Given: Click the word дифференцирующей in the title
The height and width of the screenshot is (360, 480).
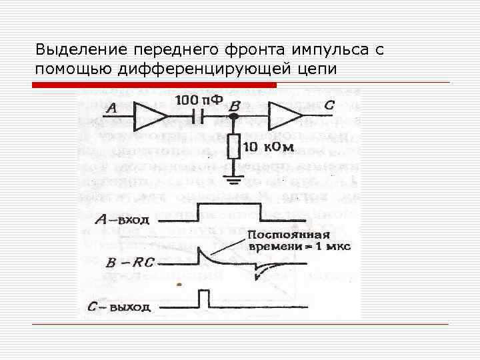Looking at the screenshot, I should tap(206, 69).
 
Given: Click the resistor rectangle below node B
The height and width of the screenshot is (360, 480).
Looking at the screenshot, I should tap(234, 146).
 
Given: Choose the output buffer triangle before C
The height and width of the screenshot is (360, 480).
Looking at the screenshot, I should tap(284, 117).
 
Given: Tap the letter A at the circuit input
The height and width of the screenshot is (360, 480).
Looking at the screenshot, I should tap(111, 108).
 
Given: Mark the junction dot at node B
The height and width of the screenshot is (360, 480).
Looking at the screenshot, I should tap(234, 117).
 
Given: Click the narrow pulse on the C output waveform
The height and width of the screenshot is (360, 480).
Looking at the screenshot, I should tap(203, 299).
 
